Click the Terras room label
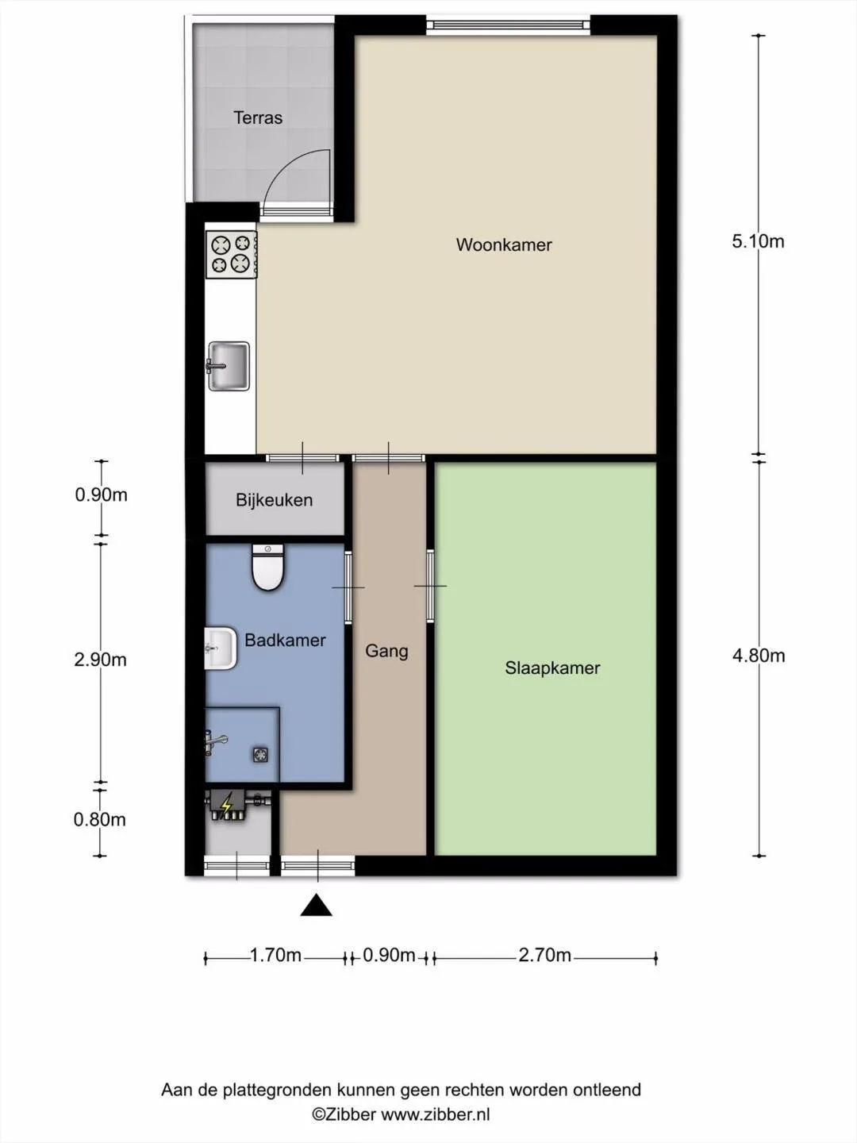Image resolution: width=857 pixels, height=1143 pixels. pyautogui.click(x=258, y=117)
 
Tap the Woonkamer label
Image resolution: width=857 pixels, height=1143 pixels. pyautogui.click(x=504, y=244)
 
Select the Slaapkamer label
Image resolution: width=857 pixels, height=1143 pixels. pyautogui.click(x=552, y=668)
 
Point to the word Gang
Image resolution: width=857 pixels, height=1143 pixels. pyautogui.click(x=386, y=651)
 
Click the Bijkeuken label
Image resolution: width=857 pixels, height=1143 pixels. pyautogui.click(x=275, y=500)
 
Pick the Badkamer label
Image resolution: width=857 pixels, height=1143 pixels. pyautogui.click(x=285, y=640)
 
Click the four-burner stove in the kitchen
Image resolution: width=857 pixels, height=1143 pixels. pyautogui.click(x=231, y=254)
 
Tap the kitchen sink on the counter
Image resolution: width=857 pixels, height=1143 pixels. pyautogui.click(x=229, y=366)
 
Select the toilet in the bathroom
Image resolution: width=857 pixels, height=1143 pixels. pyautogui.click(x=268, y=567)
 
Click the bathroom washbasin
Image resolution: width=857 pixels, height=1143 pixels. pyautogui.click(x=221, y=648)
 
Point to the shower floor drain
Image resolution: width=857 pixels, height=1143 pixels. pyautogui.click(x=261, y=755)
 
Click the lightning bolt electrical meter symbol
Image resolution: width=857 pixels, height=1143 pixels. pyautogui.click(x=227, y=806)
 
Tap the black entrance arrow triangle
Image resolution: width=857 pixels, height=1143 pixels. pyautogui.click(x=317, y=905)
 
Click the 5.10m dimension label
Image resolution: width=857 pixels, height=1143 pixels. pyautogui.click(x=758, y=241)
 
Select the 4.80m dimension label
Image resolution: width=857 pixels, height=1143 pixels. pyautogui.click(x=759, y=656)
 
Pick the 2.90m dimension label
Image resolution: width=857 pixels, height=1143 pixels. pyautogui.click(x=101, y=660)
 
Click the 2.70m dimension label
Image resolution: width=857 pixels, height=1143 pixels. pyautogui.click(x=545, y=955)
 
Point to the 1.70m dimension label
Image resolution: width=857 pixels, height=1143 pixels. pyautogui.click(x=276, y=955)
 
